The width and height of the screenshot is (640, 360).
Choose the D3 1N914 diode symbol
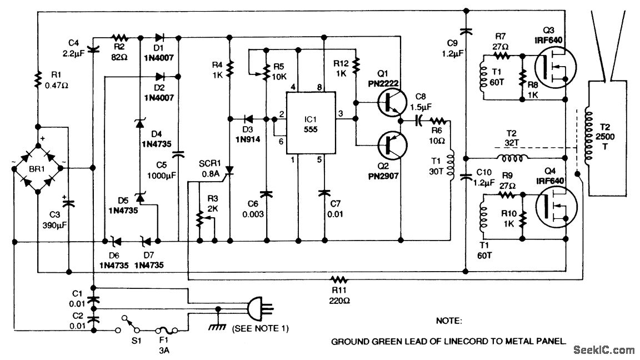pyautogui.click(x=248, y=119)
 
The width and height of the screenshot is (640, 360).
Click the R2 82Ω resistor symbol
pyautogui.click(x=120, y=38)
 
